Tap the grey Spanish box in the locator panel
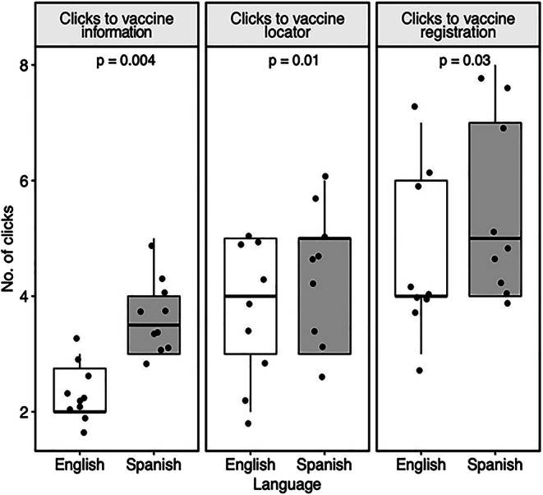pos(324,296)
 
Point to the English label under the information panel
pos(79,465)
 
